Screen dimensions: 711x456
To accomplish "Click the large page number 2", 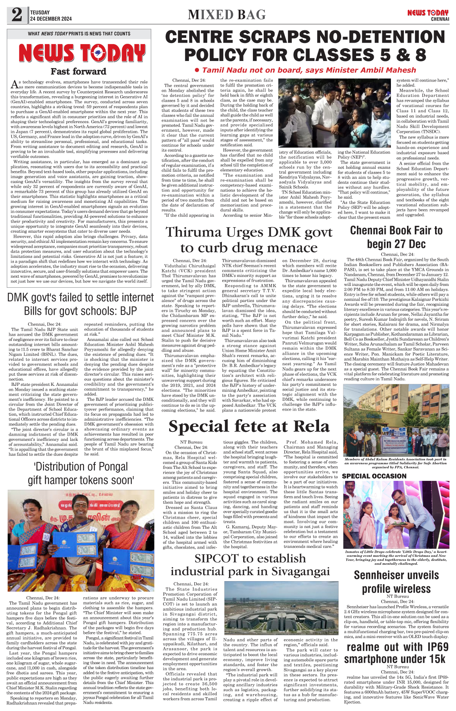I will (17, 15).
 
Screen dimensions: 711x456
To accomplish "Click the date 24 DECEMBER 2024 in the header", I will (51, 19).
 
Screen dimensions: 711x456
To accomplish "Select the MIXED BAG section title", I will (227, 15).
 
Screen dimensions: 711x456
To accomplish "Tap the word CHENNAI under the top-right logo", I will (440, 19).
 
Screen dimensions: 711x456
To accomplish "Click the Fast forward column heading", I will (79, 71).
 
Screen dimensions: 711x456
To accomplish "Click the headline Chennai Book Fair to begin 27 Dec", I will (396, 237).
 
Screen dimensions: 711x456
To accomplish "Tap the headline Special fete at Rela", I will (249, 426).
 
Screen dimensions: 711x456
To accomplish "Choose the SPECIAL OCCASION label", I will (374, 476).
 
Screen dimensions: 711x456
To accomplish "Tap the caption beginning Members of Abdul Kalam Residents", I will (396, 463).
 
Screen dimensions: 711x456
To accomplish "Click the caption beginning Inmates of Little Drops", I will (396, 557).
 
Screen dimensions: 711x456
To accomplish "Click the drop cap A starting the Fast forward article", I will (14, 84).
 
